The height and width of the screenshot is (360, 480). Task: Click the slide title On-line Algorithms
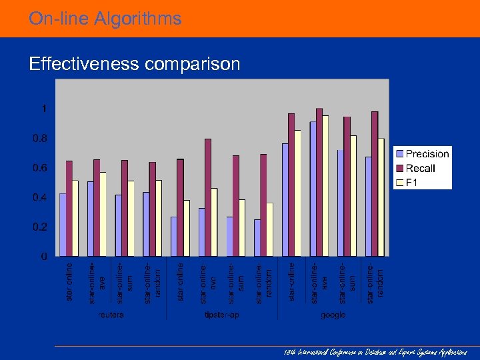(x=105, y=19)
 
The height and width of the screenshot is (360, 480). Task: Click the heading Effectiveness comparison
(x=134, y=64)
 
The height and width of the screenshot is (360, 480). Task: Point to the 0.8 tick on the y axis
(x=41, y=139)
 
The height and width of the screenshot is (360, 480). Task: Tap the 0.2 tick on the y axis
(x=41, y=227)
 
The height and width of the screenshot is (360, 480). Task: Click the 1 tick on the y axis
(x=44, y=109)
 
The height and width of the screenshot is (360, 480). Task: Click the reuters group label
(x=111, y=314)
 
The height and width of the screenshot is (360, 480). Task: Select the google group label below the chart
(x=333, y=314)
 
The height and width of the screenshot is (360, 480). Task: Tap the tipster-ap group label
(x=222, y=314)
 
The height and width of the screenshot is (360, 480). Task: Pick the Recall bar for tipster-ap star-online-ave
(x=208, y=197)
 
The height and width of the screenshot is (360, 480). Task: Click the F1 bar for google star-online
(x=297, y=193)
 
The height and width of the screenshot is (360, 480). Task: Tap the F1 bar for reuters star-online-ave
(x=103, y=214)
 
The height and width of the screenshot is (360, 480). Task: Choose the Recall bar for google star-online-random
(x=375, y=184)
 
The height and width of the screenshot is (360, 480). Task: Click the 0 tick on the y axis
(x=44, y=256)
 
